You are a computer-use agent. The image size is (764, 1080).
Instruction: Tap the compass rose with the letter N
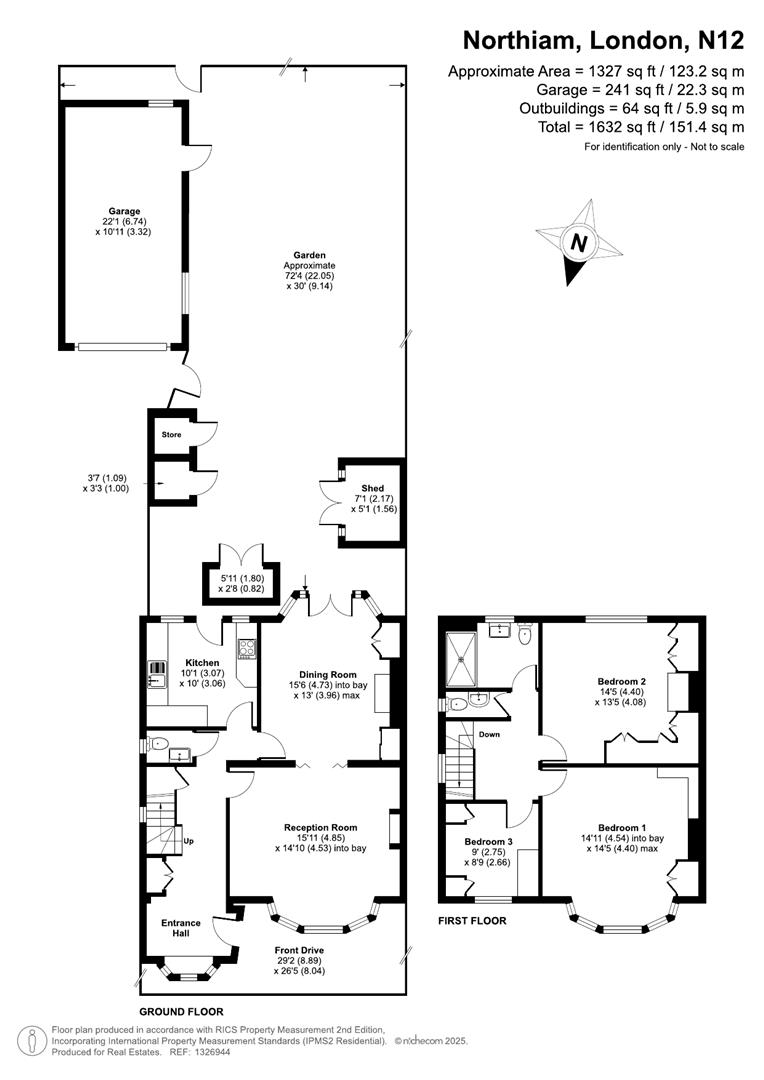pyautogui.click(x=577, y=241)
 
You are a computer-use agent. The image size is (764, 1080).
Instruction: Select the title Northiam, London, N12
pyautogui.click(x=603, y=41)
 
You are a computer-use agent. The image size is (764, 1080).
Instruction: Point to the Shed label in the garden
pyautogui.click(x=372, y=489)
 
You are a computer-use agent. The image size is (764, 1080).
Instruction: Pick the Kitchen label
pyautogui.click(x=202, y=663)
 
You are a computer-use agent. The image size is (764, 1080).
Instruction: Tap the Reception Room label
pyautogui.click(x=320, y=828)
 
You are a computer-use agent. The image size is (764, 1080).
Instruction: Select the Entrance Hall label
pyautogui.click(x=181, y=928)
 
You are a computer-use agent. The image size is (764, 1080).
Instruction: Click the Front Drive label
pyautogui.click(x=301, y=949)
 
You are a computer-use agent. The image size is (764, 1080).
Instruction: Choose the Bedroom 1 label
pyautogui.click(x=621, y=827)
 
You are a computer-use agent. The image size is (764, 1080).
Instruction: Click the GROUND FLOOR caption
pyautogui.click(x=181, y=1012)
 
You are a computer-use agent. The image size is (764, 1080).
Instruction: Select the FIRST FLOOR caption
pyautogui.click(x=472, y=921)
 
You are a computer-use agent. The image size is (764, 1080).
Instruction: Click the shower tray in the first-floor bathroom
pyautogui.click(x=462, y=652)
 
